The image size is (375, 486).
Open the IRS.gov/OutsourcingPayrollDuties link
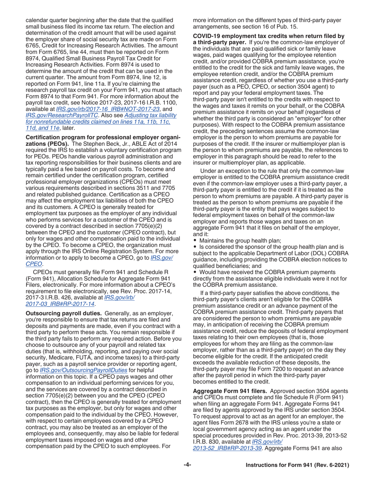84,370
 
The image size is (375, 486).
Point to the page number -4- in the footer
187,465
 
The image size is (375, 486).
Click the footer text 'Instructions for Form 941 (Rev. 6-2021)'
297,465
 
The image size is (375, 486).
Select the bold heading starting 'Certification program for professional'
103,137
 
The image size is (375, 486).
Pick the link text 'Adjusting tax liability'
150,115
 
